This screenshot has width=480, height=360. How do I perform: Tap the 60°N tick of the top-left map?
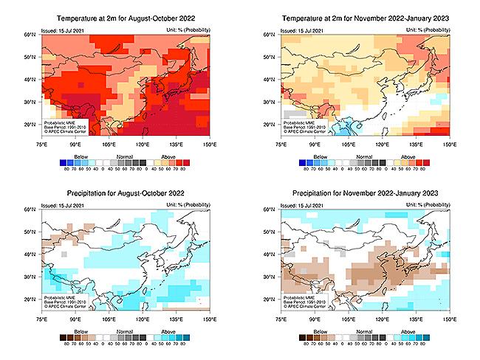pyautogui.click(x=32, y=35)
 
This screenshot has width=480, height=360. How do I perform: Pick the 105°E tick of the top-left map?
pyautogui.click(x=109, y=145)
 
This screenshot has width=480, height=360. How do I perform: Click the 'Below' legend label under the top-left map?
pyautogui.click(x=71, y=156)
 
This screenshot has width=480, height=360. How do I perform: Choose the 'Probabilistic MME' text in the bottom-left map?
pyautogui.click(x=61, y=298)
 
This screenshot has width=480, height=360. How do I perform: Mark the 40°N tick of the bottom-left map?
pyautogui.click(x=32, y=255)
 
